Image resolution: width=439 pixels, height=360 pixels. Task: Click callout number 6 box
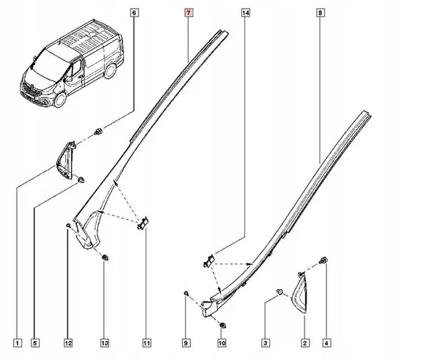pos(135,13)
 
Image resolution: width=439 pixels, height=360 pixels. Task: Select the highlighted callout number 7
pos(188,13)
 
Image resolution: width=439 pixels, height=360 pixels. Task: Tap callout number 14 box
pos(245,13)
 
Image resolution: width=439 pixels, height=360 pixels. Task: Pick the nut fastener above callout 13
pos(105,258)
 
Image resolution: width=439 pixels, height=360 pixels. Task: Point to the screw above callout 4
pos(325,260)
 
